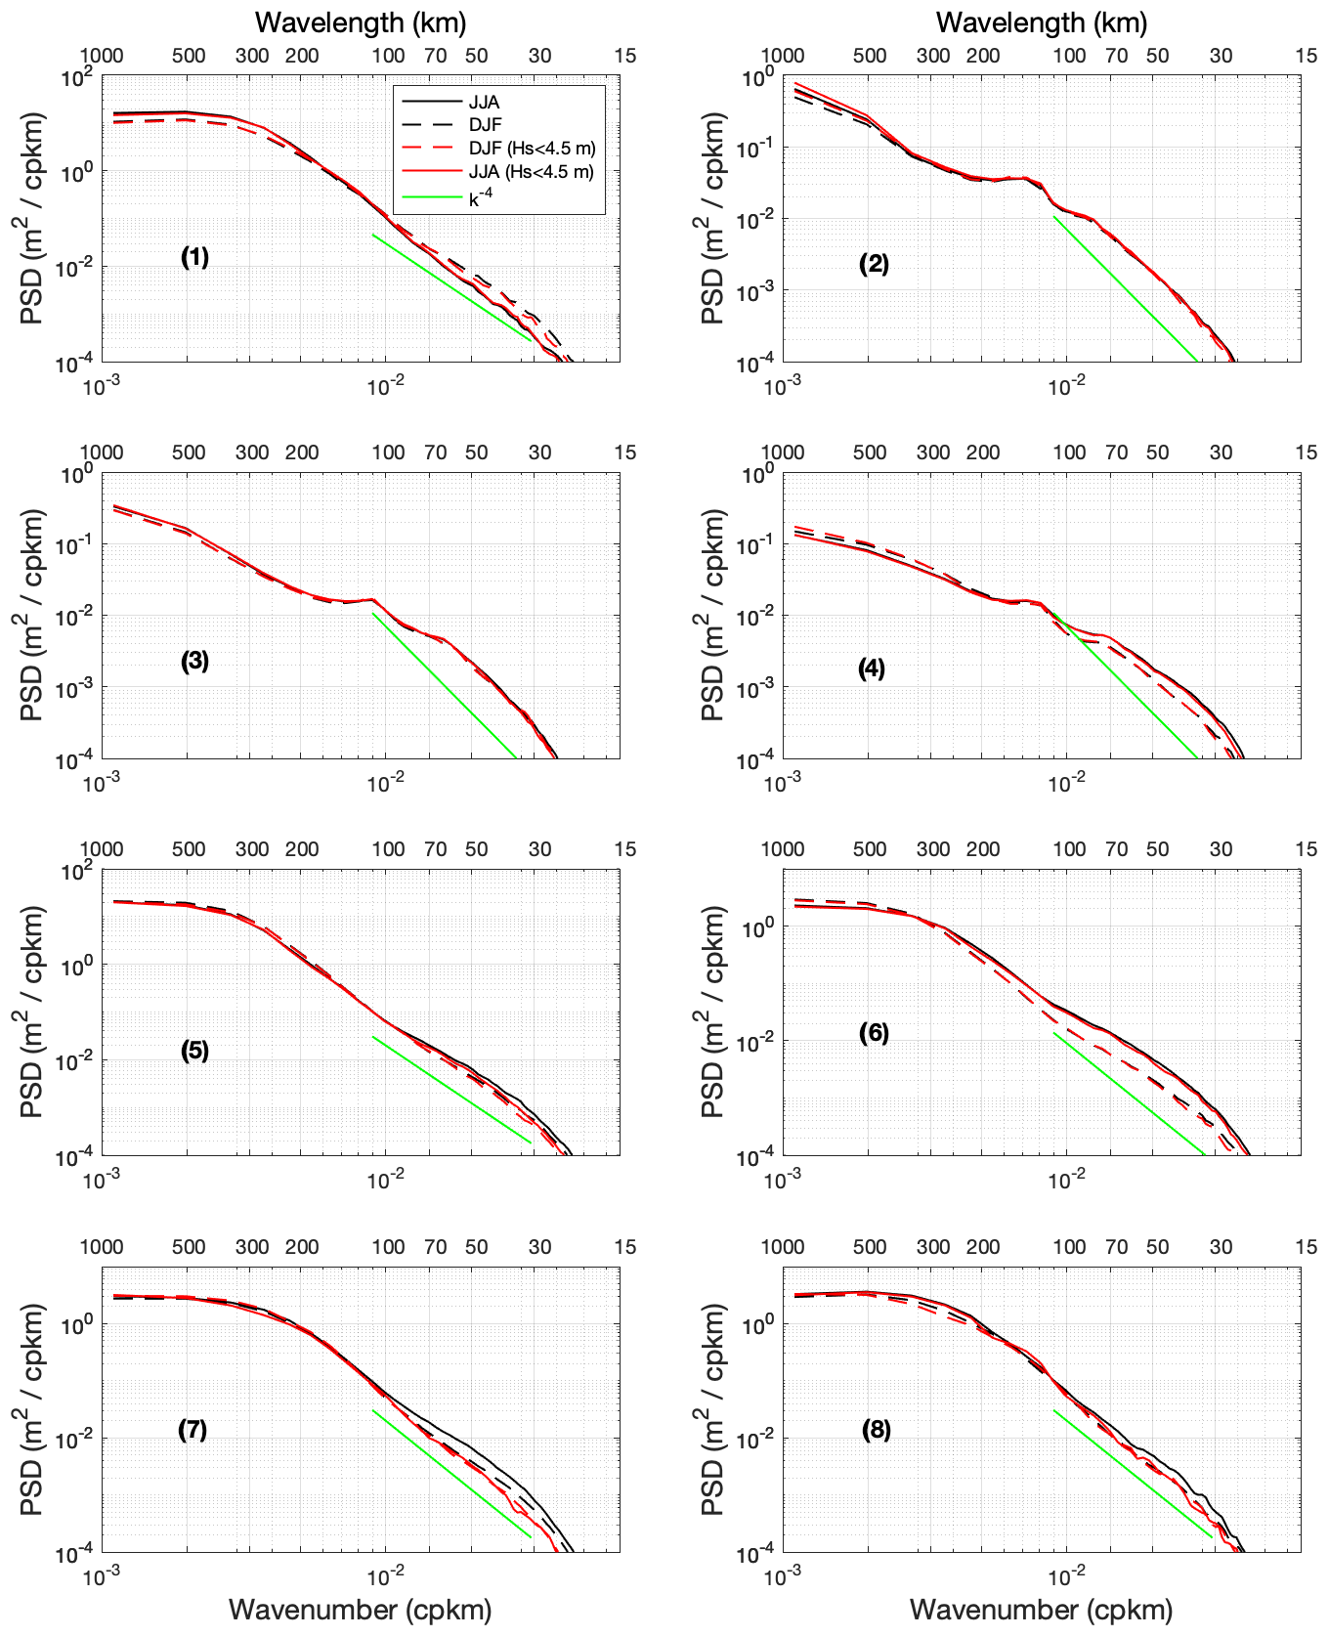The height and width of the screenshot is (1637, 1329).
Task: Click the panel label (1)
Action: coord(194,257)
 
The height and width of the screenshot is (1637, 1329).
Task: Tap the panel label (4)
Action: coord(872,668)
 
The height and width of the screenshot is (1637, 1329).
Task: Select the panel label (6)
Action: coord(874,1033)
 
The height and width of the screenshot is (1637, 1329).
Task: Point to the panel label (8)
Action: coord(876,1430)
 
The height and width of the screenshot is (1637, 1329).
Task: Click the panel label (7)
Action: coord(193,1430)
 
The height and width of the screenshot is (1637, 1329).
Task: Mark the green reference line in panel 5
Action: coord(450,1089)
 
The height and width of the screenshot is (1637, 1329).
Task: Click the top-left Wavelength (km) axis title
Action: coord(361,22)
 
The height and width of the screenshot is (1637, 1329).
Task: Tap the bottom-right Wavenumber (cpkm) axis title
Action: coord(1041,1610)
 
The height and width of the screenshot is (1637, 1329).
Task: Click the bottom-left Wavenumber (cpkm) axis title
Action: coord(360,1610)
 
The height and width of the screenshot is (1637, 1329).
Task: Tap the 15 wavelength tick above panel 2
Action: coord(1307,56)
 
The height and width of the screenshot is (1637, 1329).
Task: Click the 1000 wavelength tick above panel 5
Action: coord(101,849)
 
